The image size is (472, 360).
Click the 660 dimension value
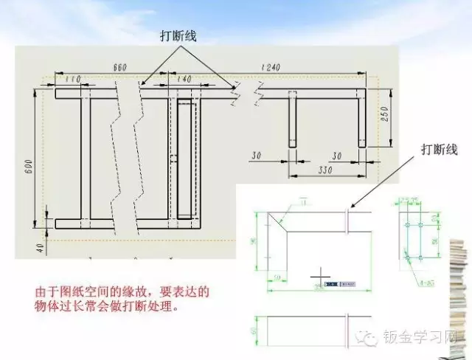pyautogui.click(x=120, y=67)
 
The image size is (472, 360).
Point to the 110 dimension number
pyautogui.click(x=73, y=78)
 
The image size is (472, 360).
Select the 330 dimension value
pyautogui.click(x=324, y=170)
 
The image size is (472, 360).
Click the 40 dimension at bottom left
pyautogui.click(x=39, y=246)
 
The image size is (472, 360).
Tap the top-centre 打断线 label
pyautogui.click(x=179, y=35)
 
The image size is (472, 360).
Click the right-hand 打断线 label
pyautogui.click(x=440, y=150)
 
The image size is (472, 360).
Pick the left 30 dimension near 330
pyautogui.click(x=257, y=156)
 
